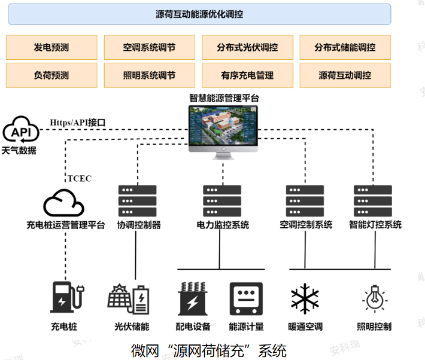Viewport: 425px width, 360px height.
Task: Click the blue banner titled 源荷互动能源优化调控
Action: [x=199, y=14]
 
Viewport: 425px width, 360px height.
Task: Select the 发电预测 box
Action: [x=51, y=47]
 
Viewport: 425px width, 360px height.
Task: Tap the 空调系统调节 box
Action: [x=149, y=47]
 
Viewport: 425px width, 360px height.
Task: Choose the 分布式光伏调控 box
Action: [x=247, y=47]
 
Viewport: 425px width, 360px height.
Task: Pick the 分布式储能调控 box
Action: [x=345, y=47]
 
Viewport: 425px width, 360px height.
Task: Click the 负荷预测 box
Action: [x=51, y=75]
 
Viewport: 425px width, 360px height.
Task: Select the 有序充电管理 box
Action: [x=247, y=75]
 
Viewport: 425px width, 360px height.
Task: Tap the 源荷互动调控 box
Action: [x=345, y=75]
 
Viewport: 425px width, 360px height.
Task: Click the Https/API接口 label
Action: [x=78, y=123]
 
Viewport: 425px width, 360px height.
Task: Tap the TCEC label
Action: [x=80, y=178]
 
